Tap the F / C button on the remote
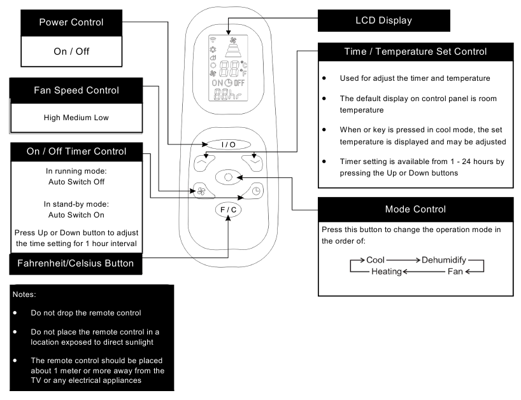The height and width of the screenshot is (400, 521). click(x=228, y=210)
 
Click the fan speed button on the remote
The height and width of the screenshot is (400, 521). click(x=202, y=191)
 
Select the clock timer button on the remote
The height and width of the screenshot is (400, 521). click(x=254, y=191)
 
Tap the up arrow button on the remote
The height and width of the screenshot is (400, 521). click(x=203, y=163)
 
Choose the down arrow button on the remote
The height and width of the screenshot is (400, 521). click(x=253, y=163)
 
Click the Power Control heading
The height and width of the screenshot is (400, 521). click(x=71, y=22)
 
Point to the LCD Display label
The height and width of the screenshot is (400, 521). click(x=384, y=20)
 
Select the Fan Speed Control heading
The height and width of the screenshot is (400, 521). click(x=76, y=90)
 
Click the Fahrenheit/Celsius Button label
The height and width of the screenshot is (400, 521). click(x=75, y=263)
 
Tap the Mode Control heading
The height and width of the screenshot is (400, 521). click(x=415, y=209)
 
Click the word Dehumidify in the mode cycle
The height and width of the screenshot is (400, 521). click(x=444, y=260)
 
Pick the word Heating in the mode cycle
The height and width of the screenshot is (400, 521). click(x=387, y=272)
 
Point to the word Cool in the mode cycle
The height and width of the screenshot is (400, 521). click(x=375, y=260)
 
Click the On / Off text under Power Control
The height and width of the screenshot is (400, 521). click(x=71, y=52)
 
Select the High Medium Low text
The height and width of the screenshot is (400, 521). click(x=76, y=118)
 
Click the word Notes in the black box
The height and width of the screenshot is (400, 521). click(x=24, y=294)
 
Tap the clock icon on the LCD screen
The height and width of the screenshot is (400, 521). click(x=229, y=83)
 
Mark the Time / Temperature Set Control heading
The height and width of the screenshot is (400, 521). click(x=415, y=52)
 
